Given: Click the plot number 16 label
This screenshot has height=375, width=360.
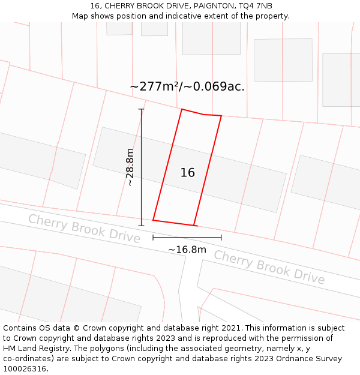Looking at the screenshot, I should click(x=187, y=173).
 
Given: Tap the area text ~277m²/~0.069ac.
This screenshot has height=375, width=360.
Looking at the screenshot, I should click(x=187, y=86).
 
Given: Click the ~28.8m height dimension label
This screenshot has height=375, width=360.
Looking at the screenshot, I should click(x=130, y=167).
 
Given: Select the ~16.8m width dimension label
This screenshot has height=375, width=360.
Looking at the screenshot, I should click(x=187, y=250).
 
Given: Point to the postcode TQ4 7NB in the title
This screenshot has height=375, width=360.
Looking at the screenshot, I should click(x=255, y=6).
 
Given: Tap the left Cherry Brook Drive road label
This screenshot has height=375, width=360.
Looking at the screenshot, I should click(x=84, y=228).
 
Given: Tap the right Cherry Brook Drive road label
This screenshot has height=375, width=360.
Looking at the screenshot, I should click(x=269, y=267).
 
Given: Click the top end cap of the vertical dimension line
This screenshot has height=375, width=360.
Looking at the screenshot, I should click(x=142, y=109).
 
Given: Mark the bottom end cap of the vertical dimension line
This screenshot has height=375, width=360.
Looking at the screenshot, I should click(x=142, y=226).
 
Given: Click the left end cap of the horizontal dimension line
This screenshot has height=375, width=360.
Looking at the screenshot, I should click(x=153, y=237).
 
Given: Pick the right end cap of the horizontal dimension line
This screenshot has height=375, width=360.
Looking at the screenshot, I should click(x=221, y=237).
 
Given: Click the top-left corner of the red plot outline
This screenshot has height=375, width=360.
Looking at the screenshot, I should click(x=182, y=109).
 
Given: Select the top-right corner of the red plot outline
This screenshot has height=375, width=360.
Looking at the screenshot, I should click(x=221, y=116).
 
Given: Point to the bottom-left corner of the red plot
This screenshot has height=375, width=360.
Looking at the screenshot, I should click(x=153, y=220).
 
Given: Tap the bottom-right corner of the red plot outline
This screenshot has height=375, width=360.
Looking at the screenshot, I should click(x=194, y=226).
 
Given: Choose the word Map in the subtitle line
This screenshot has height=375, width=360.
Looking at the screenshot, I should click(x=80, y=16).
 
